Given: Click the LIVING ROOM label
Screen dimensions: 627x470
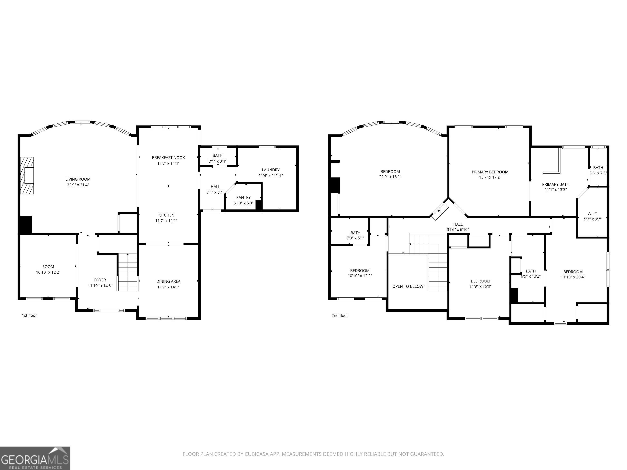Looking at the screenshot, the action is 78,179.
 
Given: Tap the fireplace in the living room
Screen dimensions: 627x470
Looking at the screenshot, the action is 27,176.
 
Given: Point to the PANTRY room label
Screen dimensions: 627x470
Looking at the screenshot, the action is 243,197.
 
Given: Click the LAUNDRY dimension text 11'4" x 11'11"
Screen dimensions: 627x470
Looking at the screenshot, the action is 271,176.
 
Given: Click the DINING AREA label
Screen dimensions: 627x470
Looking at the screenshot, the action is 168,281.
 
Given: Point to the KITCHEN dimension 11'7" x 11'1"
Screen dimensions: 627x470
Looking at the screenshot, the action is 166,221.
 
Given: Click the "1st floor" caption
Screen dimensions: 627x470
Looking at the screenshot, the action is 29,315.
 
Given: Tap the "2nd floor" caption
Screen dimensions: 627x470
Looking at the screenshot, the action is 340,316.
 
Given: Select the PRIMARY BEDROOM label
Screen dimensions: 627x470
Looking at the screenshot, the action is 490,172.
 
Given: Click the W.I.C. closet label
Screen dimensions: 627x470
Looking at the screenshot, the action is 593,214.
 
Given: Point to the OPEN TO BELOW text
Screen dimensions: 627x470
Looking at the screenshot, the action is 408,286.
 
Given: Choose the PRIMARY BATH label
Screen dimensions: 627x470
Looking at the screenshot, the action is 556,184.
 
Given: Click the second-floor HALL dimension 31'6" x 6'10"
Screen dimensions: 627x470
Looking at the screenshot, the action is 458,230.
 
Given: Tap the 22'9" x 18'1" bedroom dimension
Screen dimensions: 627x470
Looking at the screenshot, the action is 390,177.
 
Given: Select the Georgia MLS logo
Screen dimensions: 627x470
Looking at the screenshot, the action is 35,458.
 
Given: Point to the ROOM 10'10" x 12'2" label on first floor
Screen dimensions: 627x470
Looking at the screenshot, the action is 48,269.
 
